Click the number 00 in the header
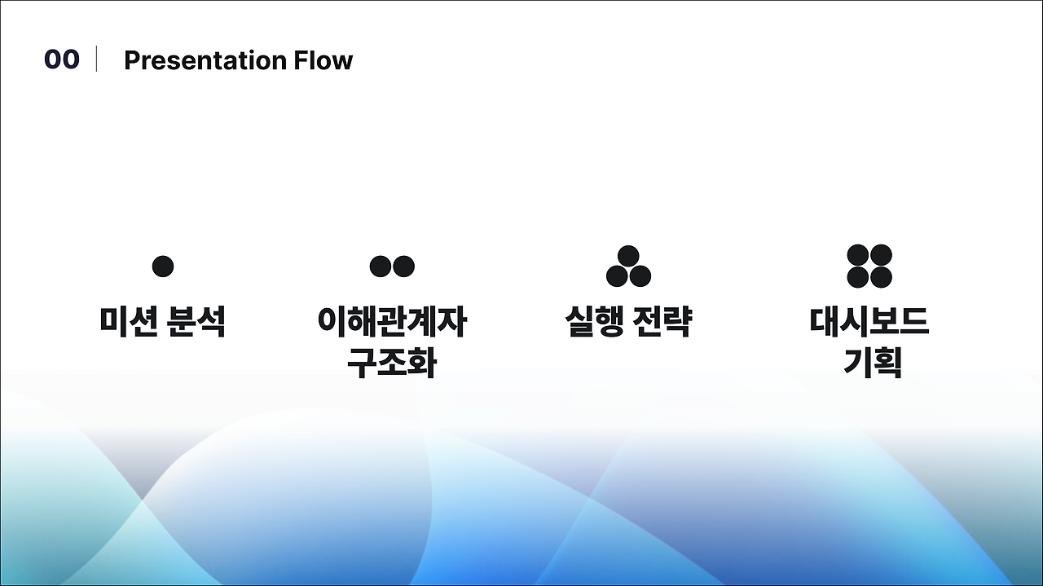tap(62, 59)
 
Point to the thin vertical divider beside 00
tap(97, 59)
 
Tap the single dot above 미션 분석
tap(163, 267)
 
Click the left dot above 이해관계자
tap(381, 267)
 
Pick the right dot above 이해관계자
tap(403, 267)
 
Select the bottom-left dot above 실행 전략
tap(618, 276)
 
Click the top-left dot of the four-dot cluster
tap(858, 256)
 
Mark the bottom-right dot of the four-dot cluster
tap(881, 277)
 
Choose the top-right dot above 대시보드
tap(881, 256)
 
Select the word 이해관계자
tap(392, 321)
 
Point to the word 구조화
tap(392, 363)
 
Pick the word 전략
tap(662, 321)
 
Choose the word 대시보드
tap(869, 321)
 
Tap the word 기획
tap(871, 363)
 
